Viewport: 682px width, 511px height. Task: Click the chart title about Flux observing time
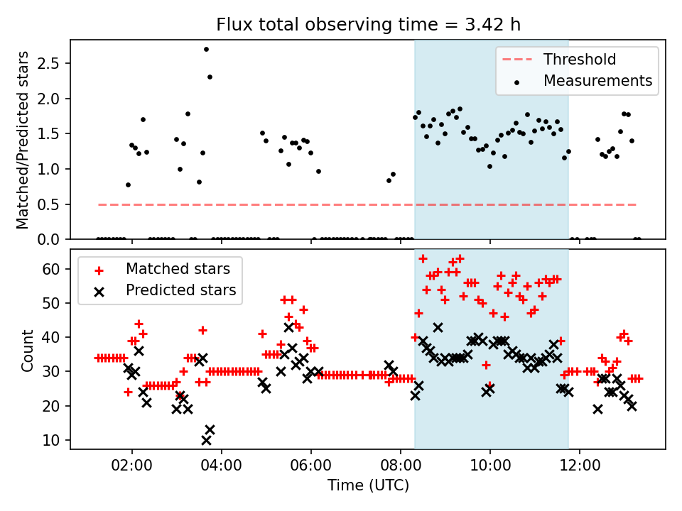(x=368, y=25)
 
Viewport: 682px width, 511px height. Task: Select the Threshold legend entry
(x=580, y=60)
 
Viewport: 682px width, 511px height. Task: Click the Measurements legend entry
(x=597, y=81)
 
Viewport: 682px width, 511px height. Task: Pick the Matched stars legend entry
(x=177, y=269)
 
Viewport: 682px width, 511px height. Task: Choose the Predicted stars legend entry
(x=180, y=290)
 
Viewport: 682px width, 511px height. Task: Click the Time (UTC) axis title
(x=368, y=486)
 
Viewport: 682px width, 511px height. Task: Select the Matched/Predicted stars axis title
(x=23, y=140)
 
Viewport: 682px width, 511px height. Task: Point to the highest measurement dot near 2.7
(x=206, y=49)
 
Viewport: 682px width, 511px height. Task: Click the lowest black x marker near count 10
(x=206, y=440)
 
